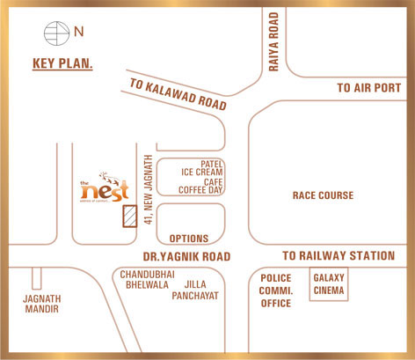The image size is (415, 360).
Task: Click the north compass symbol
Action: [x=55, y=35]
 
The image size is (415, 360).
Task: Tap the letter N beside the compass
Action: [x=79, y=34]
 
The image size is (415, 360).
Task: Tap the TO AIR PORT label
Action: [x=369, y=89]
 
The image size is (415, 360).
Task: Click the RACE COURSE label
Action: [x=323, y=195]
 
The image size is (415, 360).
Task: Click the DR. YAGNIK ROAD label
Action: [x=186, y=256]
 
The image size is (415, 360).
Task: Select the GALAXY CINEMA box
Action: [x=330, y=283]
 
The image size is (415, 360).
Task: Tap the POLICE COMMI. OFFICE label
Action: [x=275, y=290]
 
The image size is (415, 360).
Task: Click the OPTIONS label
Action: [x=188, y=239]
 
